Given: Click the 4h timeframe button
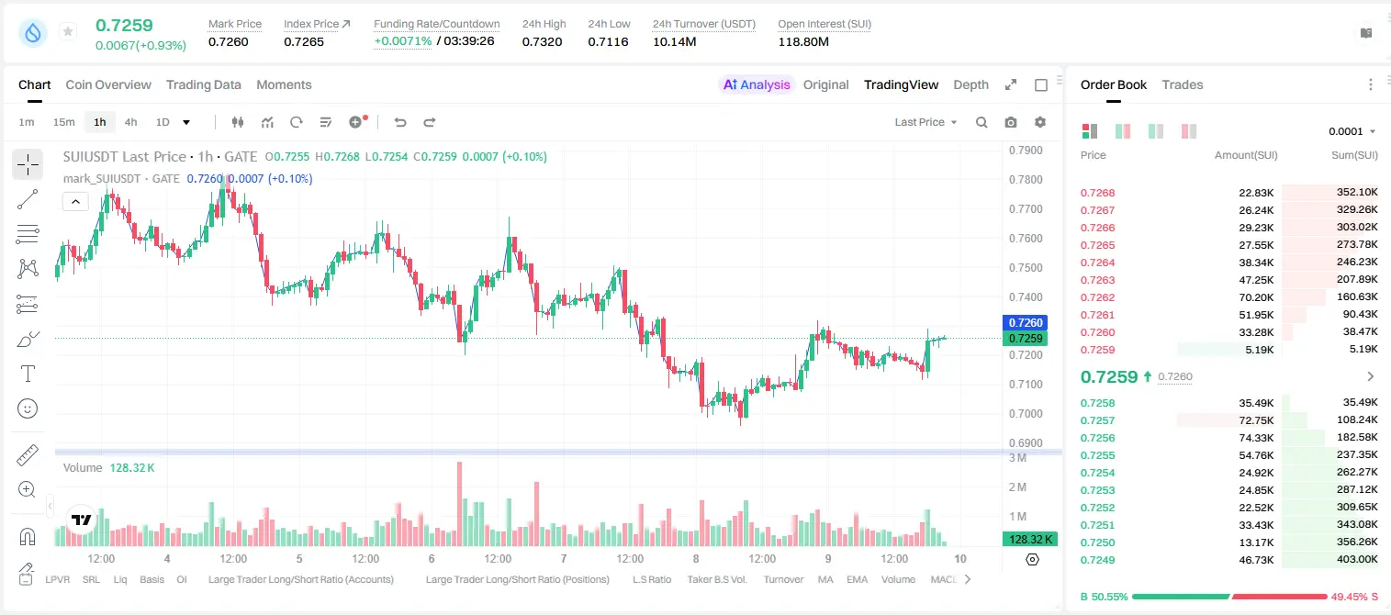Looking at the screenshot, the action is click(x=130, y=122).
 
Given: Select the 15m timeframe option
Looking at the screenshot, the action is click(x=63, y=122).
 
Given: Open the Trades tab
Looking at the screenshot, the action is click(x=1182, y=84).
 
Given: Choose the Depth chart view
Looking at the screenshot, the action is click(x=970, y=84).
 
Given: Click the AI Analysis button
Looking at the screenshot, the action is click(x=757, y=84).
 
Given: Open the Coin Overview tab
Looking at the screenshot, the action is click(x=108, y=84).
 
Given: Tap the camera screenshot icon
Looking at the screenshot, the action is click(x=1011, y=122).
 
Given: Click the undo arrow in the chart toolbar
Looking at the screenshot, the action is click(x=400, y=122).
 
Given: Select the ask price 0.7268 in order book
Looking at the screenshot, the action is click(x=1097, y=193).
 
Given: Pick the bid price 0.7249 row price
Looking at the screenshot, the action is click(x=1097, y=560).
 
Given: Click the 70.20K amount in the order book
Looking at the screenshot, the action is click(x=1256, y=297).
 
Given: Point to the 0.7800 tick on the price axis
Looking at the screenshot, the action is click(x=1026, y=179).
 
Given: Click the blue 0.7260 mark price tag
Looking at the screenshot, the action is click(x=1026, y=323).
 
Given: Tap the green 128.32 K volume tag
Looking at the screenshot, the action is click(x=1029, y=540).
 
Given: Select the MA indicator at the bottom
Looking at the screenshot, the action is click(x=825, y=579).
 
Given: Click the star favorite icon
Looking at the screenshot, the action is click(x=68, y=31).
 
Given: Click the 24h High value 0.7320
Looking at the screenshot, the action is click(x=542, y=41).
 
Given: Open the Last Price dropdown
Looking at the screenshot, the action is click(x=925, y=122).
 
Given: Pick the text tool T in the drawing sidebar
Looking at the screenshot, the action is click(x=28, y=375).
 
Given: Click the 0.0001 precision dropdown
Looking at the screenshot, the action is click(x=1352, y=131).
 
